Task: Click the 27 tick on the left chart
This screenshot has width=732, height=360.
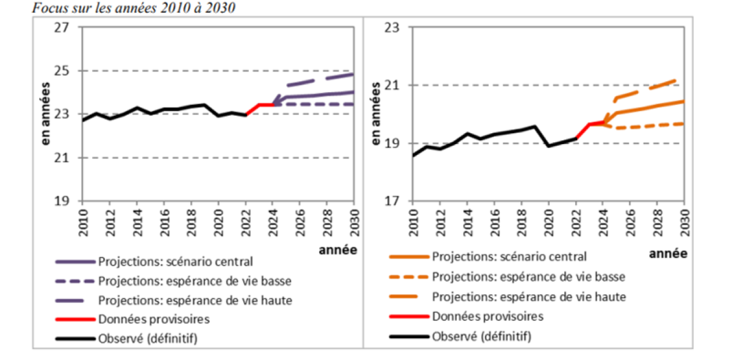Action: click(x=63, y=27)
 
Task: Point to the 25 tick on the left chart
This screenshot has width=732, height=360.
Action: click(x=63, y=71)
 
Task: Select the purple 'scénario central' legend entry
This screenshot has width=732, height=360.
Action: click(x=174, y=261)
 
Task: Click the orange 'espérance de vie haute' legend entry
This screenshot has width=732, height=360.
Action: click(x=529, y=297)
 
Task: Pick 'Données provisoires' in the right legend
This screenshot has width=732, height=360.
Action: click(x=487, y=316)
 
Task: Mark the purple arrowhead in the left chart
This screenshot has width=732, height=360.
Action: click(x=276, y=100)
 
